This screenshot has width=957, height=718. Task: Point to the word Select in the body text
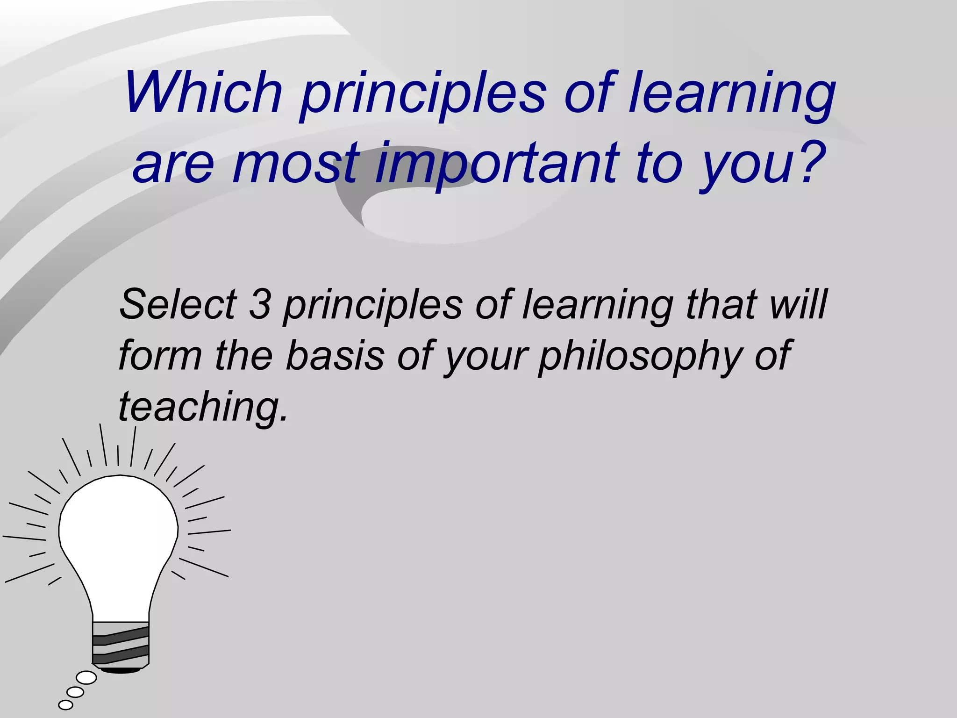click(x=178, y=304)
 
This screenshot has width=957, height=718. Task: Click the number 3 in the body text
click(x=260, y=304)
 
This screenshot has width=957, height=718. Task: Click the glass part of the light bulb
click(x=119, y=538)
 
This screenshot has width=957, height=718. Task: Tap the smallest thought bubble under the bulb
click(x=65, y=704)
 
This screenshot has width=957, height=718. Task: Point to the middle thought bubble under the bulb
click(x=75, y=692)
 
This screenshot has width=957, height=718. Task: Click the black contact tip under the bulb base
click(x=121, y=670)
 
